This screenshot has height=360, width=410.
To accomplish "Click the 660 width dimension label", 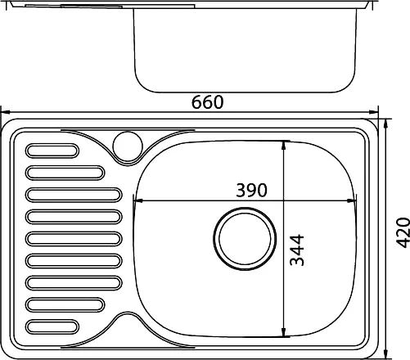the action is pos(207,102).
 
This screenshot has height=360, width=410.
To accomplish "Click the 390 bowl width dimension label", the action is pos(251,190).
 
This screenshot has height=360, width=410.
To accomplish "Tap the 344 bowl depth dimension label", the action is pos(296,250).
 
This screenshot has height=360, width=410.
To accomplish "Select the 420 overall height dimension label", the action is pos(403,232).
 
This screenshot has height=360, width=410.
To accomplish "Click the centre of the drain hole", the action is pos(245,239).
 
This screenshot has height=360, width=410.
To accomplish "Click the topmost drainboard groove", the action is pos(52,151).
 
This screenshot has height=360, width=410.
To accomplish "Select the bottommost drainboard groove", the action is pos(52,326).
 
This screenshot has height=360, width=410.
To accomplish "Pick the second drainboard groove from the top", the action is pos(65,173).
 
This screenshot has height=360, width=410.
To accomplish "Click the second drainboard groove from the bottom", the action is pos(65,304).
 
